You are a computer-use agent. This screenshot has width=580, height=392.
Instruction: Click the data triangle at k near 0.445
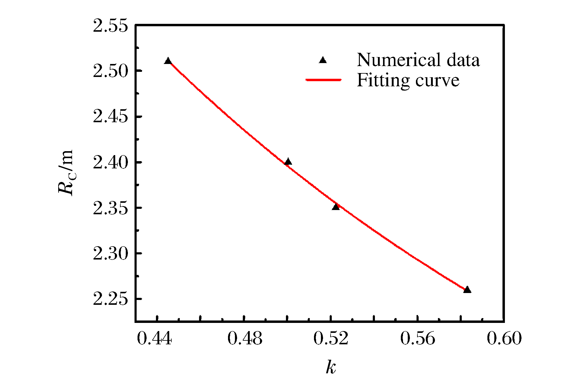(x=168, y=61)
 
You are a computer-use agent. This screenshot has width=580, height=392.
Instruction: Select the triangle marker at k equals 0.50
(x=288, y=162)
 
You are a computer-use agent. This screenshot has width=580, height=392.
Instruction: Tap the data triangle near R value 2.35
(x=336, y=207)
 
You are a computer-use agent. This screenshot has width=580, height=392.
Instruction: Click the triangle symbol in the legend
(x=323, y=60)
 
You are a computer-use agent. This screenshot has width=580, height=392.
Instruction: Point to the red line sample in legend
(x=323, y=80)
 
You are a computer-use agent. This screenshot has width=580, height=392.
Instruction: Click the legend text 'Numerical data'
(x=418, y=60)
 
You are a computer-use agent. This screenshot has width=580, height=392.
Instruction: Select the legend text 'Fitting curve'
(x=408, y=80)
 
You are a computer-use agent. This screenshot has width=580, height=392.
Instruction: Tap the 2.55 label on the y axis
(x=110, y=26)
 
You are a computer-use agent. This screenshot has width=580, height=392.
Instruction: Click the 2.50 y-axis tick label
(x=110, y=71)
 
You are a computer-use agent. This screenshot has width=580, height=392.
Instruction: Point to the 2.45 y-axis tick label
(x=110, y=116)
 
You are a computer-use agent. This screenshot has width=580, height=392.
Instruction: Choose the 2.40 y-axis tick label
(x=110, y=162)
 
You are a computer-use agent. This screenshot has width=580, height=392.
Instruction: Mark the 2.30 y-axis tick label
(x=110, y=253)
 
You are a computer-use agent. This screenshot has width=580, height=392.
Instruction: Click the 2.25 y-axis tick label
(x=110, y=299)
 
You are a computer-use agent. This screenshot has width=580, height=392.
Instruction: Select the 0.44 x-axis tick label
(x=154, y=338)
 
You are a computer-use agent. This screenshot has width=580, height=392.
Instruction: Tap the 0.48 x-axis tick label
(x=245, y=338)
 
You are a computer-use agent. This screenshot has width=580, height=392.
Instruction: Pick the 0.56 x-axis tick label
(x=418, y=338)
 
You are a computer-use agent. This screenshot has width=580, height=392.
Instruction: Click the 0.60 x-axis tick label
(x=504, y=338)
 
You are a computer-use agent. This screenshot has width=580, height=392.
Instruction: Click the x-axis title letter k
(x=331, y=367)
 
